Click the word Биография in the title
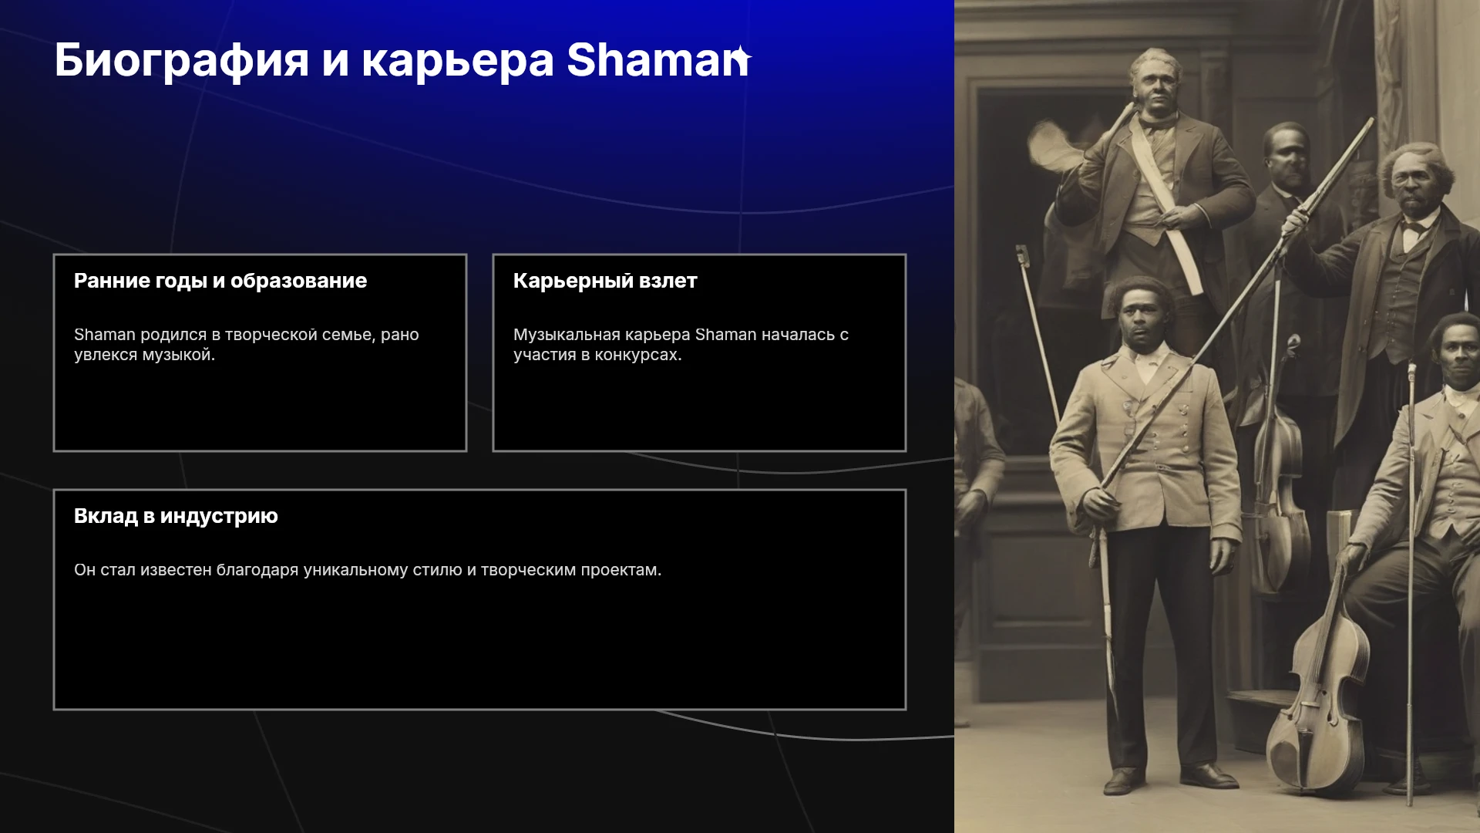click(x=182, y=61)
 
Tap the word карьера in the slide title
click(x=458, y=61)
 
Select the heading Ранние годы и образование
click(x=220, y=282)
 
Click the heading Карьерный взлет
click(x=605, y=282)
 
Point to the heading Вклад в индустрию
click(x=176, y=516)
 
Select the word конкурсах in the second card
click(x=638, y=356)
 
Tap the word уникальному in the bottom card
click(x=355, y=571)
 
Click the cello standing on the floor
click(x=1317, y=694)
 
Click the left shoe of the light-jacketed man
click(x=1122, y=781)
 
